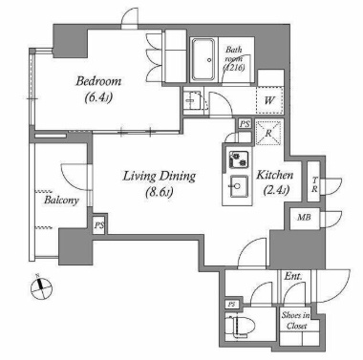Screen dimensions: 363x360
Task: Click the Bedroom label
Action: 98,81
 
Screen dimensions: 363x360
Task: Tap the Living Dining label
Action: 160,176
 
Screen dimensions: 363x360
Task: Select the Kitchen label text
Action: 275,175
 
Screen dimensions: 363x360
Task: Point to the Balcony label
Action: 61,201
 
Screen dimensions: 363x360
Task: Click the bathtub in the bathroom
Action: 203,60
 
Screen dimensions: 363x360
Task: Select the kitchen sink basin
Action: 237,186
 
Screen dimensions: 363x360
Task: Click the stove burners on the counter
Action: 239,159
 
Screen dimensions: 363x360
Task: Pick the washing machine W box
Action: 269,100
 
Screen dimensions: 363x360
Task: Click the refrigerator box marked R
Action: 268,133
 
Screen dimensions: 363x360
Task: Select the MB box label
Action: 304,218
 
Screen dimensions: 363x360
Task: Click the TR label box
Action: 314,184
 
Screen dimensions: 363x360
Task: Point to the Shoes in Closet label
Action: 296,321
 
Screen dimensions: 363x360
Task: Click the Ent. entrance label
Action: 293,276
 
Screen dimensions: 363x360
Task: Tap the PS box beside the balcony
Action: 99,225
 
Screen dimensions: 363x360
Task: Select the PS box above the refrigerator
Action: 245,124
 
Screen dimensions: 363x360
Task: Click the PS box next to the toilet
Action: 231,305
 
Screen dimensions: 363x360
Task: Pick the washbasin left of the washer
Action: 192,100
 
